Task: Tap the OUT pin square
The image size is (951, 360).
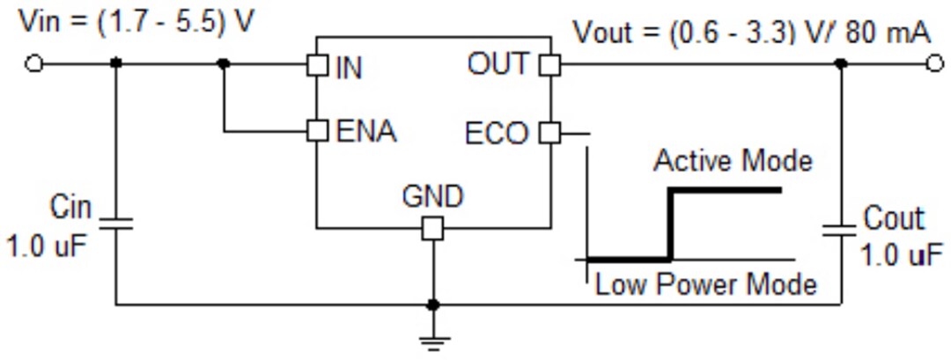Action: (x=549, y=64)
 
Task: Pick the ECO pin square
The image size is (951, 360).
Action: (x=549, y=133)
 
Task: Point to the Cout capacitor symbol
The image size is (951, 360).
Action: (x=840, y=229)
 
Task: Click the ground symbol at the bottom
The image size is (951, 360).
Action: (x=432, y=338)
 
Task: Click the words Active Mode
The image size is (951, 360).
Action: (x=733, y=161)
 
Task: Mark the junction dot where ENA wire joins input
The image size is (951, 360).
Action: (x=224, y=64)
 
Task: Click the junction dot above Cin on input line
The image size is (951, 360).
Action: (x=115, y=64)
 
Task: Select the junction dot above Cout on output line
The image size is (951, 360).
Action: (x=840, y=63)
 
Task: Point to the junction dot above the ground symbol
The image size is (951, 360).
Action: (x=432, y=305)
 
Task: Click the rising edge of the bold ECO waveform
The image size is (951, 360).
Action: (x=672, y=224)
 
